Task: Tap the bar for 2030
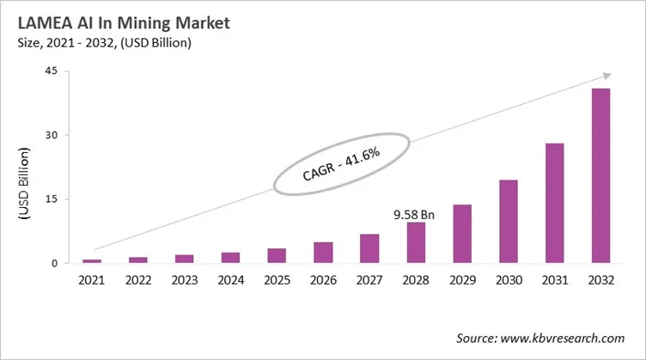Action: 509,222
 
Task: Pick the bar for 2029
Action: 462,234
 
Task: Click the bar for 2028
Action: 416,242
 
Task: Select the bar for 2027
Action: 369,248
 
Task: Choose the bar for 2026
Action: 323,253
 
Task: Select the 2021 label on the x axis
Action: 92,280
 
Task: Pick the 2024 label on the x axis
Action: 230,280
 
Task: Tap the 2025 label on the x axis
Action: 277,280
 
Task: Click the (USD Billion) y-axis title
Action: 25,186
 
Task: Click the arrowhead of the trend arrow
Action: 607,76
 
